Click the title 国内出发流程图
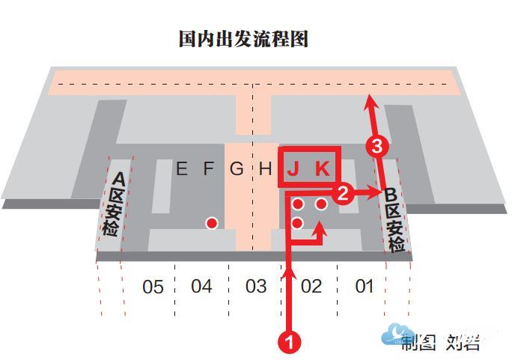click(243, 38)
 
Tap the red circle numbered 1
click(289, 342)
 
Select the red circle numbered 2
click(342, 194)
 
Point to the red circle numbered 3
click(378, 147)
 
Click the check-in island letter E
click(181, 169)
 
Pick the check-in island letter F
click(209, 169)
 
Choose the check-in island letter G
click(237, 169)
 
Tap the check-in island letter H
click(265, 169)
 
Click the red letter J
click(293, 169)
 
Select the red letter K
click(322, 169)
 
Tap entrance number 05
click(153, 287)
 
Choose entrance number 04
click(201, 287)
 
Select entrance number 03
click(256, 287)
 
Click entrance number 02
click(311, 287)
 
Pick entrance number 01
click(363, 287)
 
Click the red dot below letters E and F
click(213, 222)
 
